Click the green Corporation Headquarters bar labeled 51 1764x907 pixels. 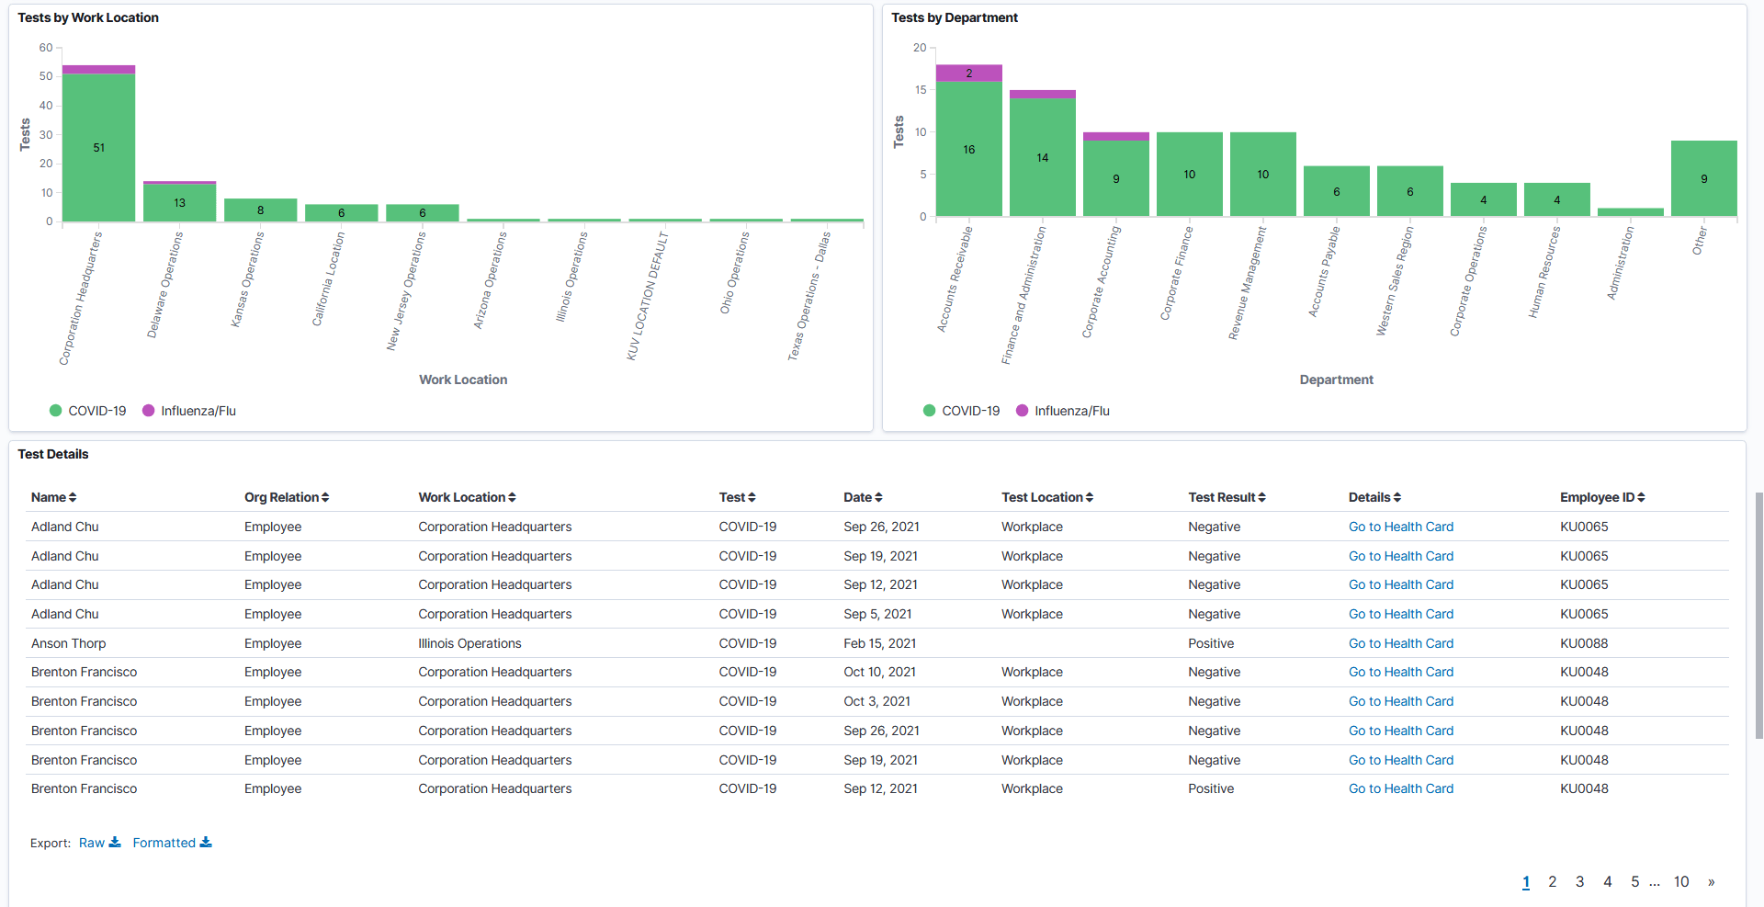coord(98,147)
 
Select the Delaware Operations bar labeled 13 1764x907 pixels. coord(179,203)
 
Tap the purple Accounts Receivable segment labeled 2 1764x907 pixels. coord(968,74)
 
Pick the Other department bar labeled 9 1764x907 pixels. coord(1703,179)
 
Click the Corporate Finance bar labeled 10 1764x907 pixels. coord(1189,175)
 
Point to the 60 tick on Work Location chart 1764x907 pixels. coord(46,48)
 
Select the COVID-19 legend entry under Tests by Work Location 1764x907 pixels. coord(88,411)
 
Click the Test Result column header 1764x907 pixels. coord(1226,497)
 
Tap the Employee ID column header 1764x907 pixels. coord(1601,497)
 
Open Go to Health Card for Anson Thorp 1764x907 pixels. coord(1400,643)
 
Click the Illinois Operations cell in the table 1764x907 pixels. coord(469,643)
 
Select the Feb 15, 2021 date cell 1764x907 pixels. coord(879,643)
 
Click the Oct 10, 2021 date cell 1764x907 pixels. coord(879,672)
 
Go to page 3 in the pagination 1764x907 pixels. coord(1579,881)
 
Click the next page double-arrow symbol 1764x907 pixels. coord(1711,881)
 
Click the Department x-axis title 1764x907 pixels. coord(1336,380)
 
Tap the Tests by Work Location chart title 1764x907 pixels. coord(88,17)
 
